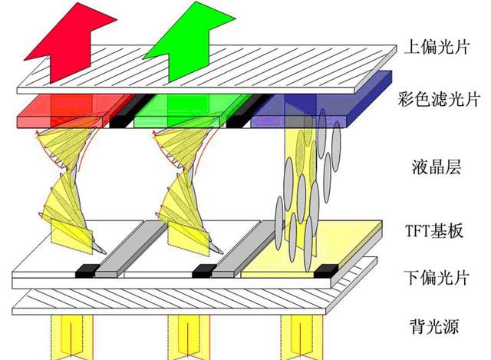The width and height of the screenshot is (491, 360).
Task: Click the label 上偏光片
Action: pos(437,47)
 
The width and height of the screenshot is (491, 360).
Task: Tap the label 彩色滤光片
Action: pos(439,99)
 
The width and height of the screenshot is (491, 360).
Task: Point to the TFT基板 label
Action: pos(434,230)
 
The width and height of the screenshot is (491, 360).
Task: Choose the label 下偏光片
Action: pos(437,277)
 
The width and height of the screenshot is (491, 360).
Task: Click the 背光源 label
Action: pos(434,326)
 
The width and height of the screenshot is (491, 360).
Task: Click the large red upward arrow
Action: pos(71,43)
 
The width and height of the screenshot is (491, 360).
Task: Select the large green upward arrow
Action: pos(189,42)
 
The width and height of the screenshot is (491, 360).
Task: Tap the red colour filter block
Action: pos(75,111)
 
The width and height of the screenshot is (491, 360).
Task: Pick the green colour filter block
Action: pos(193,111)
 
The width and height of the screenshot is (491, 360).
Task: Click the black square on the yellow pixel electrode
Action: pos(326,271)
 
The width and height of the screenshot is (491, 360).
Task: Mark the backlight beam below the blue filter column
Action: pos(302,337)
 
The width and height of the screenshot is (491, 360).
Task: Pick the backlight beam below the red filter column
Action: pos(72,337)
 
